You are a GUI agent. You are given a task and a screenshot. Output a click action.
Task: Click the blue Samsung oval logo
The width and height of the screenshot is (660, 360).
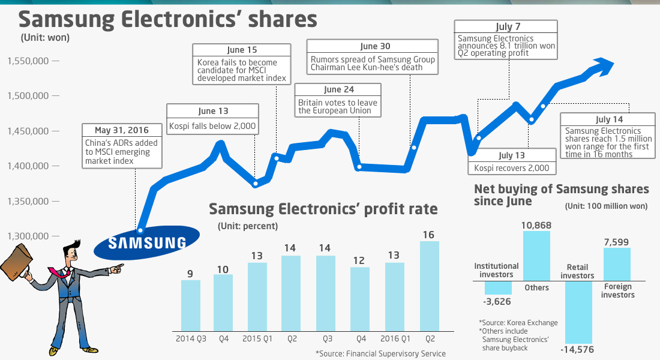click(147, 242)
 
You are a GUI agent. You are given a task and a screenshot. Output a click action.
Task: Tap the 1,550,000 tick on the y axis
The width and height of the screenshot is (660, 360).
click(55, 61)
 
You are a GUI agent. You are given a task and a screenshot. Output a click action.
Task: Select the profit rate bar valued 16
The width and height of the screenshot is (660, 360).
click(430, 285)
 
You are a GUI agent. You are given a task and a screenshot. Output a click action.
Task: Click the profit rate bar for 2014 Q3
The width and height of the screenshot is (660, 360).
click(190, 305)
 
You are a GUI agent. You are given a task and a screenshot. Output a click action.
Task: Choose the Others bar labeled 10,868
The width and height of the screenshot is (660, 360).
click(536, 256)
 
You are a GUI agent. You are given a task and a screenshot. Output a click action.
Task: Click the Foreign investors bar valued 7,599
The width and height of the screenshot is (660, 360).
click(617, 264)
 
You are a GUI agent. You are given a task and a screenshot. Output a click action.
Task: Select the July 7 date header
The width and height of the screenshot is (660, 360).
click(505, 26)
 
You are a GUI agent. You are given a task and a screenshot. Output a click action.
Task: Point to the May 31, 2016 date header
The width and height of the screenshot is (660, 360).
click(122, 130)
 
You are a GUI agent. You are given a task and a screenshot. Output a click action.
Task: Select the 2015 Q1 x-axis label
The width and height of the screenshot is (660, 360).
click(258, 339)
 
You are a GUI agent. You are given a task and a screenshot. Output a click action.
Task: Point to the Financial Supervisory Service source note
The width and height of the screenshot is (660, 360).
click(381, 353)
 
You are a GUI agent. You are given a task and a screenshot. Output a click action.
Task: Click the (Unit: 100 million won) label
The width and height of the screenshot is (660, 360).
click(606, 206)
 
